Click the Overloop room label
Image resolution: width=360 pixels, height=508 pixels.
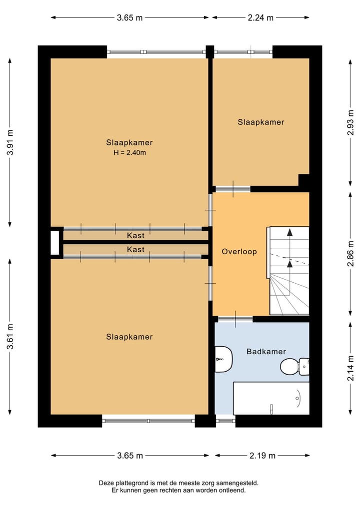(x=239, y=252)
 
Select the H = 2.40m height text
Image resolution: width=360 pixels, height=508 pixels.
(x=129, y=153)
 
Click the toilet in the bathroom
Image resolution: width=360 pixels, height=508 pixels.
(x=292, y=366)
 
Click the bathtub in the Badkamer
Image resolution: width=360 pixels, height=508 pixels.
(x=271, y=398)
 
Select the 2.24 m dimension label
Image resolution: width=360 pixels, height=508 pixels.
(x=260, y=17)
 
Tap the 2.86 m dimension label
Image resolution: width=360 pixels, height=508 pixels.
(x=349, y=255)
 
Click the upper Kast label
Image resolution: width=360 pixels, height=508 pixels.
(x=135, y=235)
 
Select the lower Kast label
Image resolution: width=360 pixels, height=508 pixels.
(x=135, y=249)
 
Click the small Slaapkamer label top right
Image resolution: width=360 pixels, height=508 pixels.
(x=260, y=122)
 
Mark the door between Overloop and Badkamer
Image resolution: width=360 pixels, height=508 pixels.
(x=235, y=319)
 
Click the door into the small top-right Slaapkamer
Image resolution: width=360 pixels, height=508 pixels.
(x=232, y=189)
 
